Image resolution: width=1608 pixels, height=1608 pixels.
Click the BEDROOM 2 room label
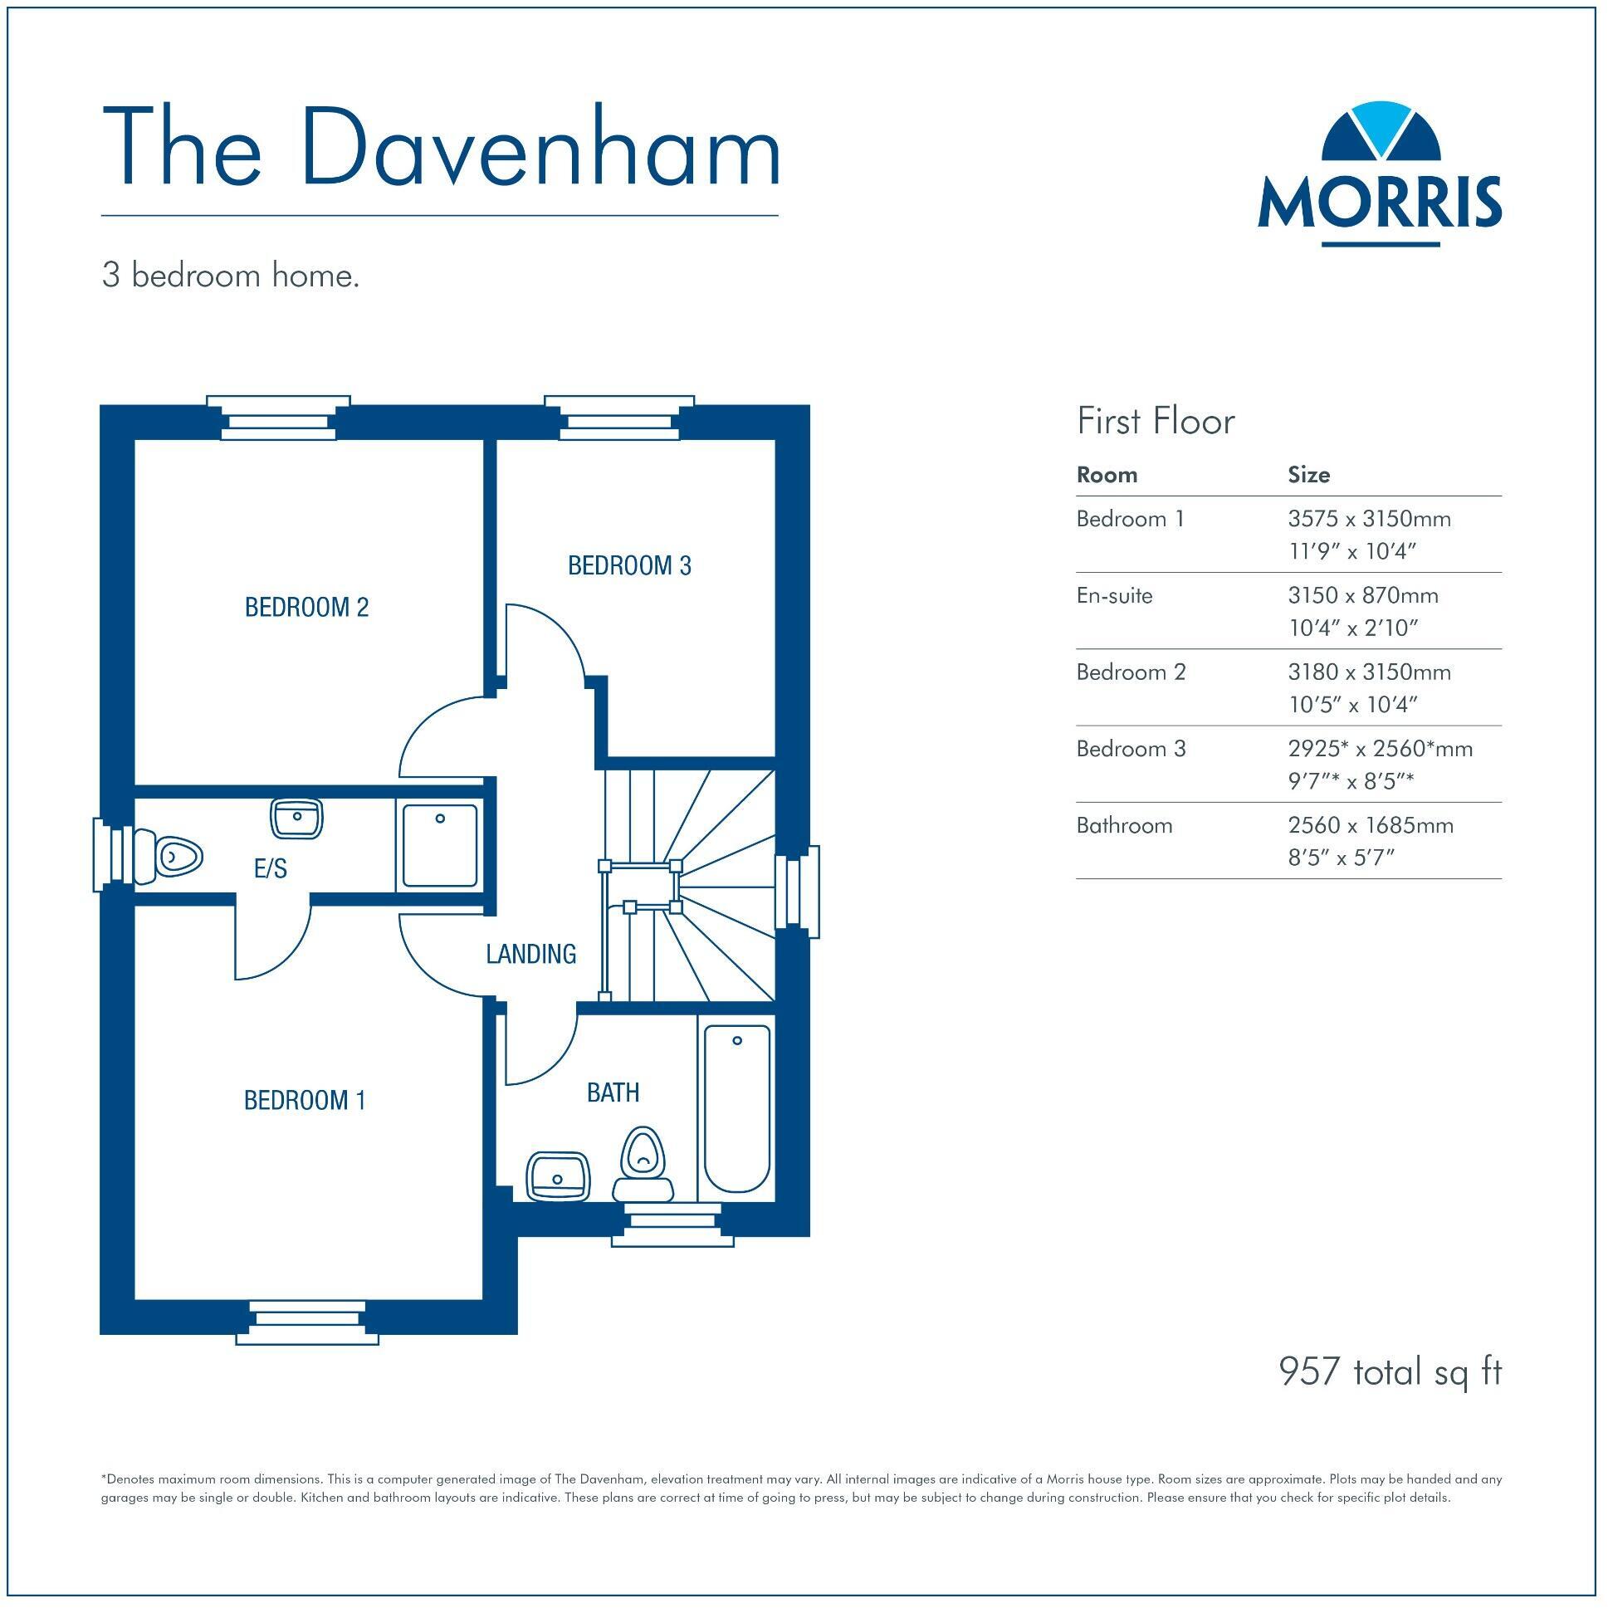pyautogui.click(x=306, y=608)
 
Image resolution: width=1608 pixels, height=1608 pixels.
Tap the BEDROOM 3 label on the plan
pyautogui.click(x=629, y=566)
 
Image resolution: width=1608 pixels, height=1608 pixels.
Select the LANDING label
pyautogui.click(x=531, y=954)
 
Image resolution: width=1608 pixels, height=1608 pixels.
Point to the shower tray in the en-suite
pyautogui.click(x=440, y=845)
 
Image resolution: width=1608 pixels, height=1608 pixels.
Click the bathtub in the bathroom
pyautogui.click(x=737, y=1108)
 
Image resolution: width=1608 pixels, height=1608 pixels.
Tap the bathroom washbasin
pyautogui.click(x=558, y=1177)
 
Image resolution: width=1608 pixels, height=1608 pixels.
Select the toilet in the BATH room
pyautogui.click(x=643, y=1161)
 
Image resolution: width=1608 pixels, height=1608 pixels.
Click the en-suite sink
pyautogui.click(x=296, y=819)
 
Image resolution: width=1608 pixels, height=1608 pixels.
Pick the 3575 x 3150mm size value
pyautogui.click(x=1369, y=520)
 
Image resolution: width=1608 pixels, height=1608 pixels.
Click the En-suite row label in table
pyautogui.click(x=1114, y=596)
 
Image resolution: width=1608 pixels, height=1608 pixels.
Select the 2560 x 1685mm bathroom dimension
pyautogui.click(x=1371, y=826)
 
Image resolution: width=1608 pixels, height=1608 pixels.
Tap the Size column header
pyautogui.click(x=1308, y=475)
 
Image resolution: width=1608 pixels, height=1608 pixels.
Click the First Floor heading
pyautogui.click(x=1156, y=421)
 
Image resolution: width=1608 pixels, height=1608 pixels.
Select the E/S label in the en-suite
pyautogui.click(x=271, y=869)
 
